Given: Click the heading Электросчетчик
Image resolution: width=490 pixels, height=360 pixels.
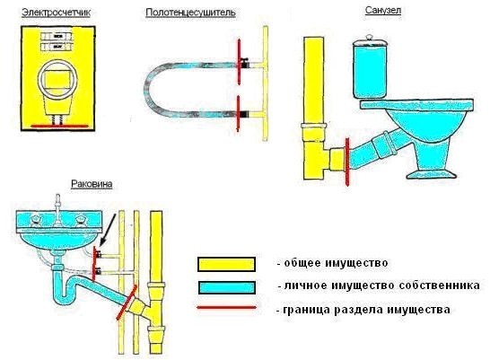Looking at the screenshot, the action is [x=57, y=13].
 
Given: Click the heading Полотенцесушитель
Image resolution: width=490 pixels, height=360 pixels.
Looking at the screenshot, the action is [x=190, y=13].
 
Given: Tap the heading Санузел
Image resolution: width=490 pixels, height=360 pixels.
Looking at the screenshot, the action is [x=383, y=10].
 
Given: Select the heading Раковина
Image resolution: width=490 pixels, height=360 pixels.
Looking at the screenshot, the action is [x=92, y=184].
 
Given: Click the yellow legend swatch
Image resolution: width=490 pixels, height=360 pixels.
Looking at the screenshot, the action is [x=226, y=264].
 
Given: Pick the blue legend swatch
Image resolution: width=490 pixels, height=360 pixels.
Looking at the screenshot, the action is [x=226, y=287].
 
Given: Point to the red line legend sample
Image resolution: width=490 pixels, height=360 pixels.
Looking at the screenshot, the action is [x=226, y=308].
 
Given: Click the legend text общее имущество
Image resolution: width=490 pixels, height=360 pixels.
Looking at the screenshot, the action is [x=337, y=263].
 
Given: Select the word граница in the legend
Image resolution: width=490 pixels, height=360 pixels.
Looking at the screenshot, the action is [x=306, y=310].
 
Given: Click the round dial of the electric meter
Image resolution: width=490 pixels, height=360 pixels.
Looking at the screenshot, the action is [x=57, y=79].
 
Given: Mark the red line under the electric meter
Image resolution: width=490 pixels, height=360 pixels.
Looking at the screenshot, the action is [x=60, y=127].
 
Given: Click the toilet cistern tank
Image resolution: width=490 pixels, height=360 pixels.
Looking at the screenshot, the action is [x=370, y=69].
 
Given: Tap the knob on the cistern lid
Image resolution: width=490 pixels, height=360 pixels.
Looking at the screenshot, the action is [x=370, y=37].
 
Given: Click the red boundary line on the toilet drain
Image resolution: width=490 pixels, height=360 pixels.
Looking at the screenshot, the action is [x=346, y=161].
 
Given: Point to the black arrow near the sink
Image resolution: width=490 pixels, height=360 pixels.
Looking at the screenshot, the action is [x=108, y=230].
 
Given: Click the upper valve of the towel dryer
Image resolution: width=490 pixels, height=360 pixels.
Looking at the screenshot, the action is [x=244, y=63].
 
